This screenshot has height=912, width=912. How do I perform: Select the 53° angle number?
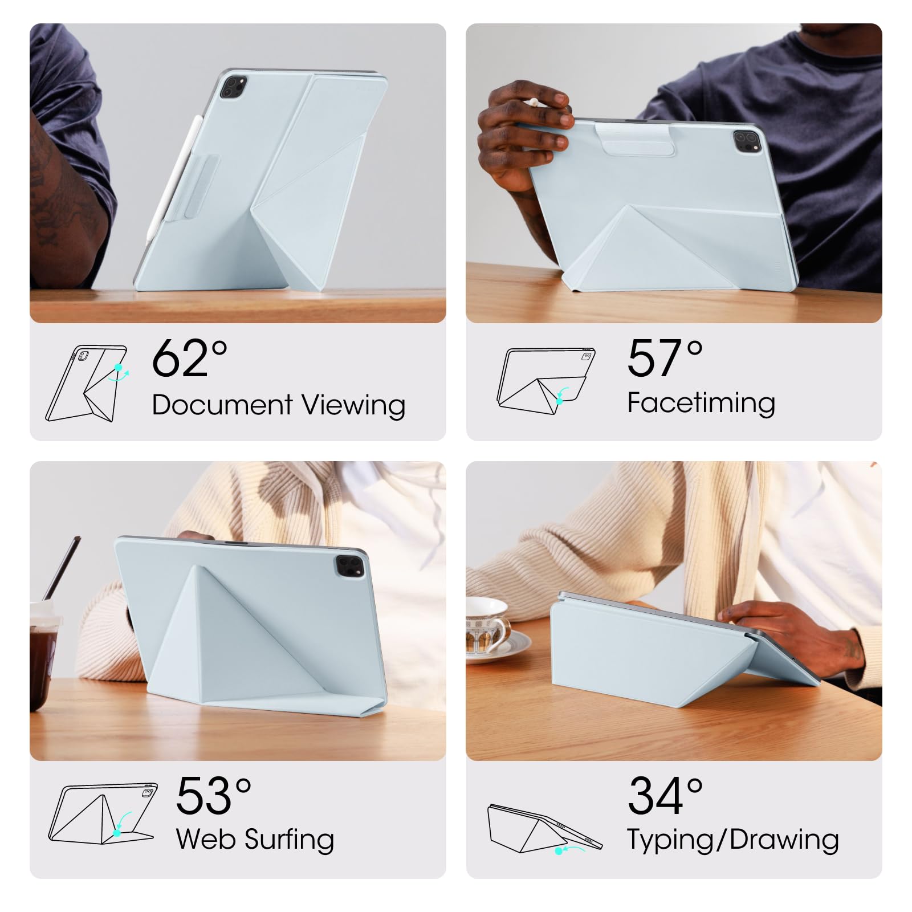(x=214, y=796)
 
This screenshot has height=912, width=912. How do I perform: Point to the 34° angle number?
(x=665, y=796)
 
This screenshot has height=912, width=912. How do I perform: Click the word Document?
(x=222, y=405)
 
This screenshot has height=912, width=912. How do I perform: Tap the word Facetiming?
(x=701, y=404)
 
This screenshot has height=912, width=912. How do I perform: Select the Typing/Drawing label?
(x=733, y=840)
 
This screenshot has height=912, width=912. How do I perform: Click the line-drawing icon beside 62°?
(x=87, y=384)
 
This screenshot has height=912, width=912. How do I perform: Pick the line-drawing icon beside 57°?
(x=545, y=380)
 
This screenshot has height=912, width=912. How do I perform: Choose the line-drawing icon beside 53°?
(x=103, y=814)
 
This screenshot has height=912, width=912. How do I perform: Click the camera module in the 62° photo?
(x=233, y=87)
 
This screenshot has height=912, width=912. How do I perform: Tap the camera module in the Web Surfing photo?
(x=349, y=566)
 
